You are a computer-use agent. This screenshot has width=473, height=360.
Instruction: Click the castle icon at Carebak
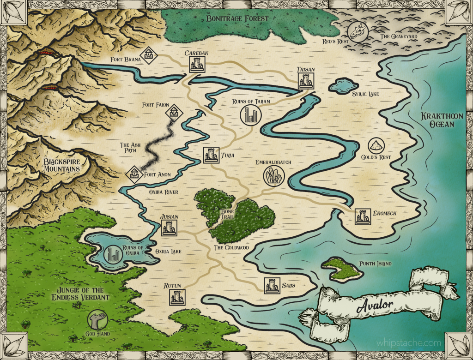(197, 65)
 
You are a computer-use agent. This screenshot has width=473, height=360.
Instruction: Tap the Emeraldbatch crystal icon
(273, 176)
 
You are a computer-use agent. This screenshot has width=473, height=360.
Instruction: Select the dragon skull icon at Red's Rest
(358, 31)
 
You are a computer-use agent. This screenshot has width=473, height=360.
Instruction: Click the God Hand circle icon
(97, 319)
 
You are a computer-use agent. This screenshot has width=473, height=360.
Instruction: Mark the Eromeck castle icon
(363, 216)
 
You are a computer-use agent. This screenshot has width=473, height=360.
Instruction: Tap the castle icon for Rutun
(177, 297)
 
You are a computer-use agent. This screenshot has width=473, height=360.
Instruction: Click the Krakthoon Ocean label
(438, 120)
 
